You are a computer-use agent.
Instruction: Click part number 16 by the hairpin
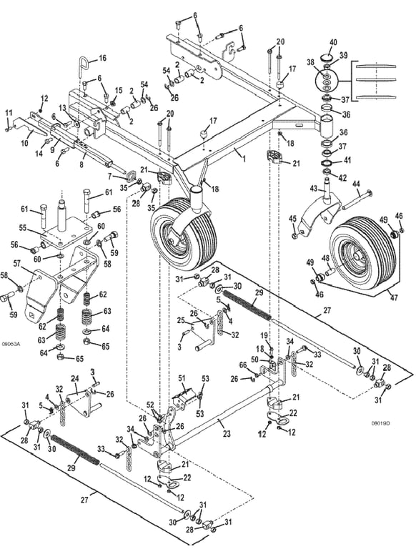(102, 58)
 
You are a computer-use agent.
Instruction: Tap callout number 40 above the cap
(333, 42)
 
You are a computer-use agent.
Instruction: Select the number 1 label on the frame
(244, 159)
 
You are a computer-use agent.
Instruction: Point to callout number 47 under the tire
(395, 297)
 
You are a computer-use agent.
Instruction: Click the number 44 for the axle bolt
(356, 184)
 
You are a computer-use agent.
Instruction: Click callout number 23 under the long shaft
(227, 434)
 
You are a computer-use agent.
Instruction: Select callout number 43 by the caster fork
(314, 189)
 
